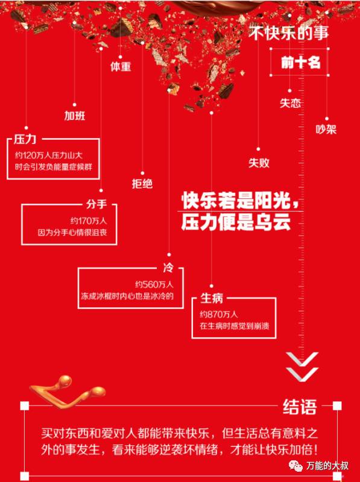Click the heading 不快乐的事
[289, 33]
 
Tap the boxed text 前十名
[301, 63]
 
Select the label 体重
[121, 67]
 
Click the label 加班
[74, 116]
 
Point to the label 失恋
[290, 103]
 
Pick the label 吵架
[326, 129]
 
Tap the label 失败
[259, 163]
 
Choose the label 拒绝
[142, 184]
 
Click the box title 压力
[25, 139]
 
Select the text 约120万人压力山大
[49, 155]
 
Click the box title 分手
[96, 204]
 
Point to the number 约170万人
[89, 221]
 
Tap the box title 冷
[168, 268]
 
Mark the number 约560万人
[154, 284]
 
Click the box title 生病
[212, 298]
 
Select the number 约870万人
[218, 314]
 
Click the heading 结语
[300, 407]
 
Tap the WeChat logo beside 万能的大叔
[295, 466]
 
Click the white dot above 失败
[259, 149]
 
